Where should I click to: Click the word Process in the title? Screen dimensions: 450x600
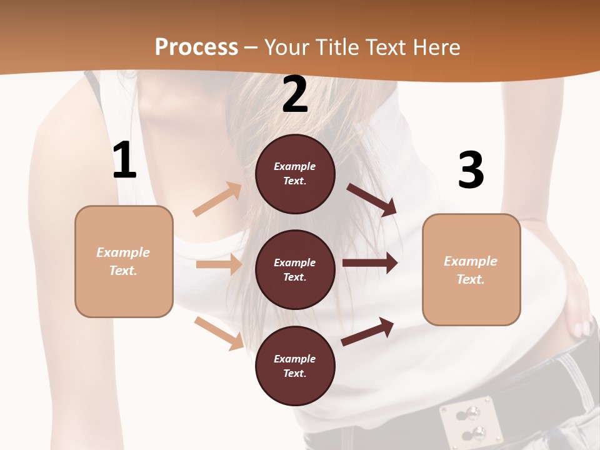[x=196, y=47]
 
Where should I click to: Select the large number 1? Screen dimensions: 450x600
[x=124, y=161]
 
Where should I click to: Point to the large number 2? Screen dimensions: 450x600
[x=295, y=94]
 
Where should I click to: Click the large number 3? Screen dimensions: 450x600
[x=471, y=171]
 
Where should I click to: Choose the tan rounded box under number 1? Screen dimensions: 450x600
[x=124, y=261]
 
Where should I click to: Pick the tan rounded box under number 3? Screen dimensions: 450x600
[x=471, y=269]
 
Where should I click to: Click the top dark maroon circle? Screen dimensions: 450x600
[x=295, y=174]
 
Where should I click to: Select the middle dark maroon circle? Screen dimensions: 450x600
[x=295, y=269]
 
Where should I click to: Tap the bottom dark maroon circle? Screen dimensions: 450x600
[x=295, y=366]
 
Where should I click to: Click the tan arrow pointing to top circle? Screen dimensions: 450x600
[x=217, y=199]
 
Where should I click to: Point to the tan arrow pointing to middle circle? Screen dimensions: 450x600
[x=219, y=264]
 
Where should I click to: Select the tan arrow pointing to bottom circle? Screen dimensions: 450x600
[x=219, y=333]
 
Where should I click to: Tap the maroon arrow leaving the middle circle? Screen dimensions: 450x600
[x=369, y=263]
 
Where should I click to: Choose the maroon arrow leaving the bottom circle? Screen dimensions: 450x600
[x=367, y=331]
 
